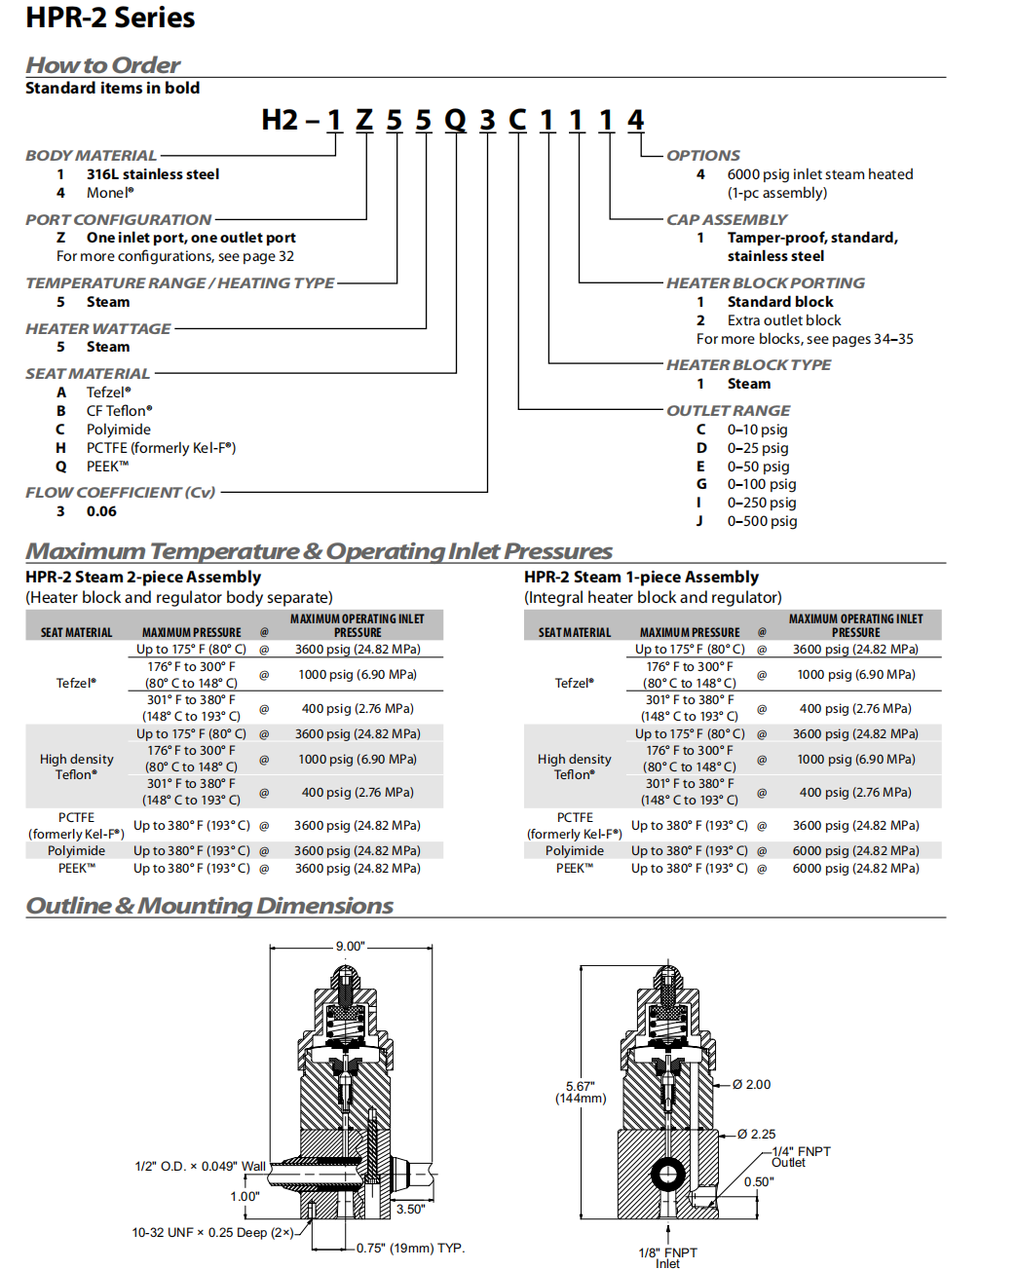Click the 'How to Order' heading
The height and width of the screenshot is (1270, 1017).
point(102,65)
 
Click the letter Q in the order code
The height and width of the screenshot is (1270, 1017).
point(455,120)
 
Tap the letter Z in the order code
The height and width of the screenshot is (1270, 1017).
point(364,120)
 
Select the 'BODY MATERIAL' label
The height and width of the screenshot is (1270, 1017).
point(91,156)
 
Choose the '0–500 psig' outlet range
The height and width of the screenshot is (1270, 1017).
point(762,521)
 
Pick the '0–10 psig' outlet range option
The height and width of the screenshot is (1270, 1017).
point(757,430)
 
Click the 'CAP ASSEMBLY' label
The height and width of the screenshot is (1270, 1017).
point(727,220)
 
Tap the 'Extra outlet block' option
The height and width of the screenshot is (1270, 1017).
point(783,320)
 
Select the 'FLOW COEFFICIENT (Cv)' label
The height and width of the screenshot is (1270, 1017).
point(121,493)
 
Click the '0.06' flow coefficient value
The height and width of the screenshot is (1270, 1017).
point(101,511)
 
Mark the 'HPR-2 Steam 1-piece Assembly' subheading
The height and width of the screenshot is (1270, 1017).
point(641,578)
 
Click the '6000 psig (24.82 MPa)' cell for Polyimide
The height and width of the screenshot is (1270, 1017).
point(855,850)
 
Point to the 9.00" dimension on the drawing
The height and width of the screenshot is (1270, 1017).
point(350,947)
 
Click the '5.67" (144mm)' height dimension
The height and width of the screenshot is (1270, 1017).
point(581,1092)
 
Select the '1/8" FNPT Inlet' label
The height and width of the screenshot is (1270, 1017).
point(668,1257)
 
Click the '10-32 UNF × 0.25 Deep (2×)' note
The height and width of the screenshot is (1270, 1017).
point(212,1233)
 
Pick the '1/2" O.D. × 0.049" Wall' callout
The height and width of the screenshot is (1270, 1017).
point(200,1167)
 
